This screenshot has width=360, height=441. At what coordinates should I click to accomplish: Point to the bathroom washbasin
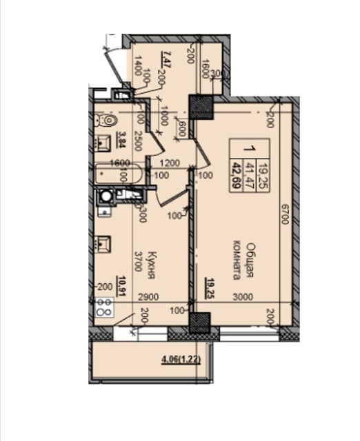tap(106, 144)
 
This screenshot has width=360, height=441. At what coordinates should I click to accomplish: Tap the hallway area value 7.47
tap(164, 54)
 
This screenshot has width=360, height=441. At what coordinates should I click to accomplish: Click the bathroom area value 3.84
tap(121, 141)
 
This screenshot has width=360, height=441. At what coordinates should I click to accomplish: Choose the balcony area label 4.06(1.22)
tap(183, 358)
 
